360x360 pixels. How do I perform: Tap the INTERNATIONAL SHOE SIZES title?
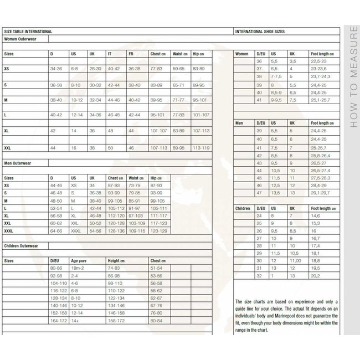260,32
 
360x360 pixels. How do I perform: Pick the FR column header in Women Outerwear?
131,54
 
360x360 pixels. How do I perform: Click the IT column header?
110,54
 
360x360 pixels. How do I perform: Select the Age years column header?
79,260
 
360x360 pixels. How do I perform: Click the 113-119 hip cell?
200,148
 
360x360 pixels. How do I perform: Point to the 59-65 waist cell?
178,68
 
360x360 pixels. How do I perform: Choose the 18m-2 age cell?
77,268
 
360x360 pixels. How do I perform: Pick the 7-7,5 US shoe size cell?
276,76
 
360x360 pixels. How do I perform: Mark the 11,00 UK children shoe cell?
295,260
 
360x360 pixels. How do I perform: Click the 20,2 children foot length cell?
315,275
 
